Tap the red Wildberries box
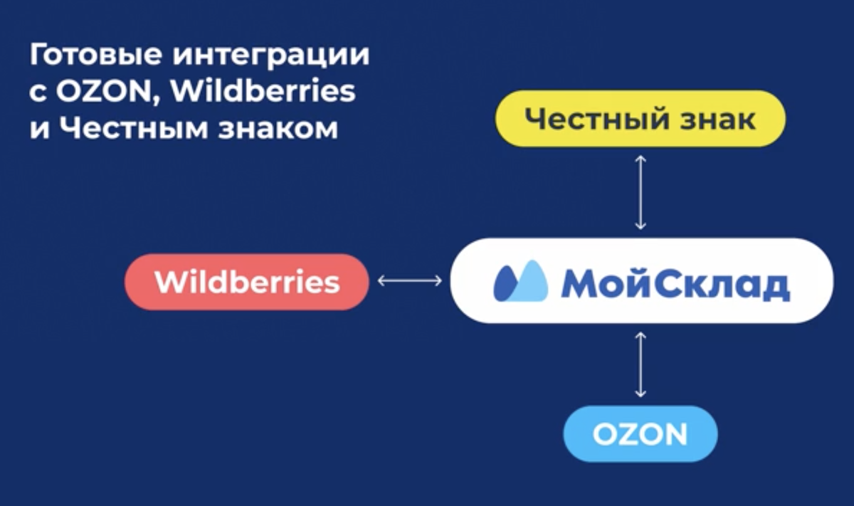point(247,282)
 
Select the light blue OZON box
point(640,434)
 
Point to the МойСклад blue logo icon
point(520,282)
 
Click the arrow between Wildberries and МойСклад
point(409,282)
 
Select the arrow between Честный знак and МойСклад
point(640,192)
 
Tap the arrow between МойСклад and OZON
point(640,363)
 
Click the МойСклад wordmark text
point(675,283)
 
